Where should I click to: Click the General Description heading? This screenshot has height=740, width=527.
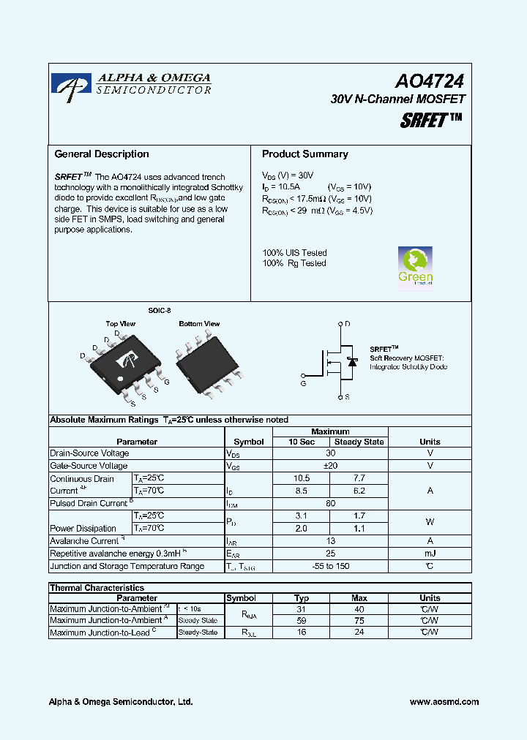coord(102,154)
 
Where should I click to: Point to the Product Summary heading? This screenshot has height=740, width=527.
coord(304,154)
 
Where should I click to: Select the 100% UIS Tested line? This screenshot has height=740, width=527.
coord(294,253)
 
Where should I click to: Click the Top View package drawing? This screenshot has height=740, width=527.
coord(126,362)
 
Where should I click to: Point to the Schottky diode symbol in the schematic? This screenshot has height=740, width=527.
coord(352,362)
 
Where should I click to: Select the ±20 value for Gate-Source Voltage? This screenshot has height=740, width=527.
coord(331,466)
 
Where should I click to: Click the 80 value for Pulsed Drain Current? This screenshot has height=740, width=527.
coord(331,503)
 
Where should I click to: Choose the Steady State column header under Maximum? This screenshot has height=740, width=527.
coord(359,442)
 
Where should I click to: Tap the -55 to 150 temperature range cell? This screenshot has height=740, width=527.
coord(331,566)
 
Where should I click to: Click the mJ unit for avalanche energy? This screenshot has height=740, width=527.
coord(430,554)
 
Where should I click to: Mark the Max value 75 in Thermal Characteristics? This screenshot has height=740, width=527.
coord(359,620)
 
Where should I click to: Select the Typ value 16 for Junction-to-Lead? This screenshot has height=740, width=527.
coord(302,632)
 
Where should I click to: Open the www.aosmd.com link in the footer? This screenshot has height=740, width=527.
coord(444,702)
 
